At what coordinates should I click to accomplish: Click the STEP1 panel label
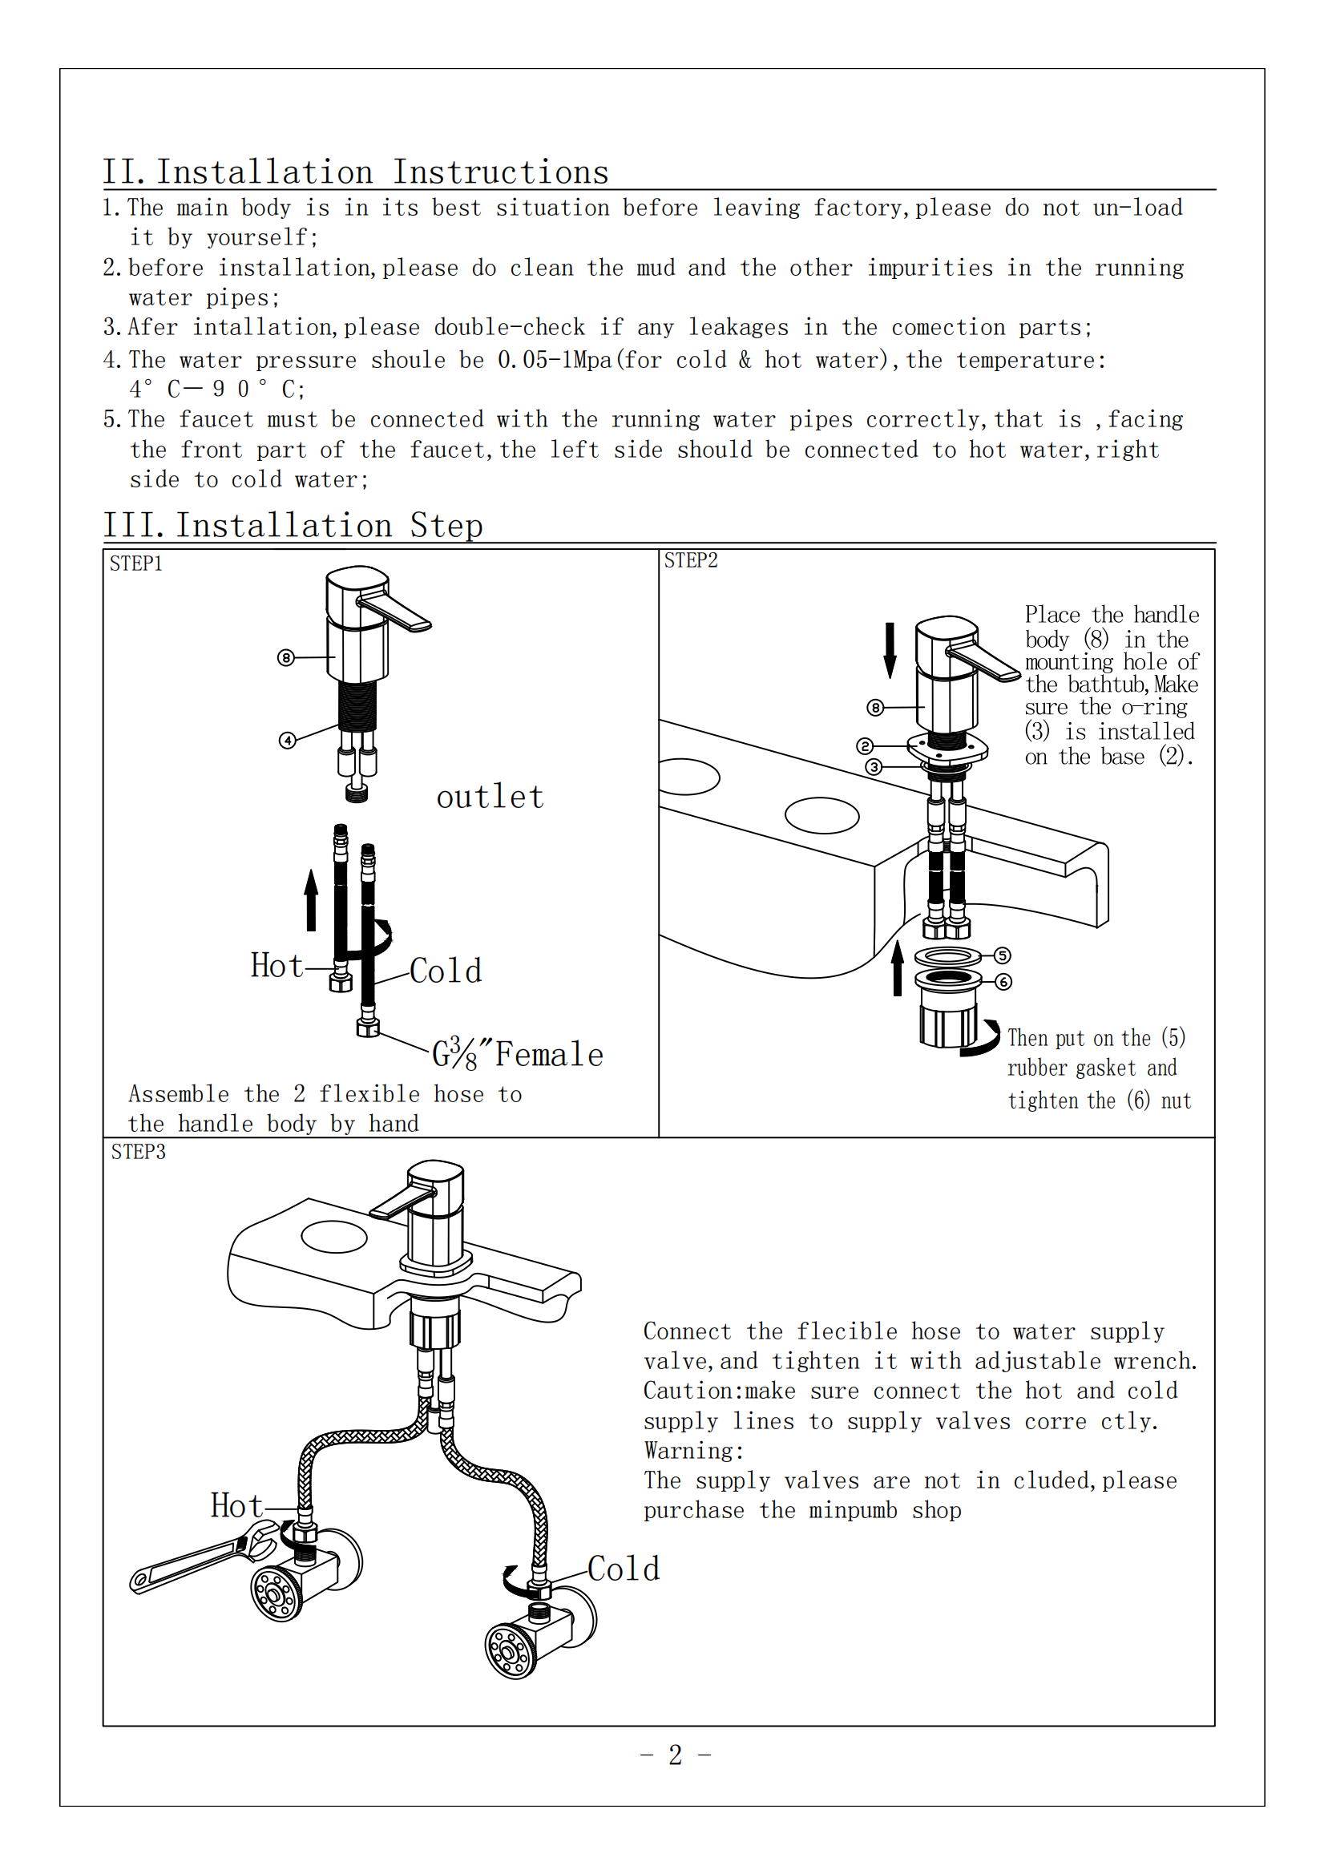tap(135, 564)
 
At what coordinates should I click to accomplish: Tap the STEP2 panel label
tap(691, 561)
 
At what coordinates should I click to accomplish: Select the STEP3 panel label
tap(138, 1152)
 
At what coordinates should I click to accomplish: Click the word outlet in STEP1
tap(490, 798)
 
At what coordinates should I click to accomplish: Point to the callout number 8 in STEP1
tap(285, 658)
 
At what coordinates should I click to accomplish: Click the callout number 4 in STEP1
tap(288, 741)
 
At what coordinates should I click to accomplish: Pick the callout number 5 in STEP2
tap(1003, 955)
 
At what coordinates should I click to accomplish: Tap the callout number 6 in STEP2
tap(1003, 981)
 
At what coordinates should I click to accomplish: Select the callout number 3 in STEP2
tap(874, 767)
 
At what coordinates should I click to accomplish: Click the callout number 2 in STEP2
tap(866, 746)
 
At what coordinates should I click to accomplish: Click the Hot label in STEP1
tap(277, 966)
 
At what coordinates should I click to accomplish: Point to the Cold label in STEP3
tap(624, 1569)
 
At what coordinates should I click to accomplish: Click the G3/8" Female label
tap(518, 1055)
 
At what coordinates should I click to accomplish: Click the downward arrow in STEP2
tap(890, 651)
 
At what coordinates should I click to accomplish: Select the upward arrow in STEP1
tap(311, 900)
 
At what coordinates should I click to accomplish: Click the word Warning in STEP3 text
tap(694, 1452)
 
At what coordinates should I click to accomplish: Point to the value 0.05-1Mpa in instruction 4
tap(555, 360)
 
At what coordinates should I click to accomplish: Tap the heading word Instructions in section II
tap(500, 172)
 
